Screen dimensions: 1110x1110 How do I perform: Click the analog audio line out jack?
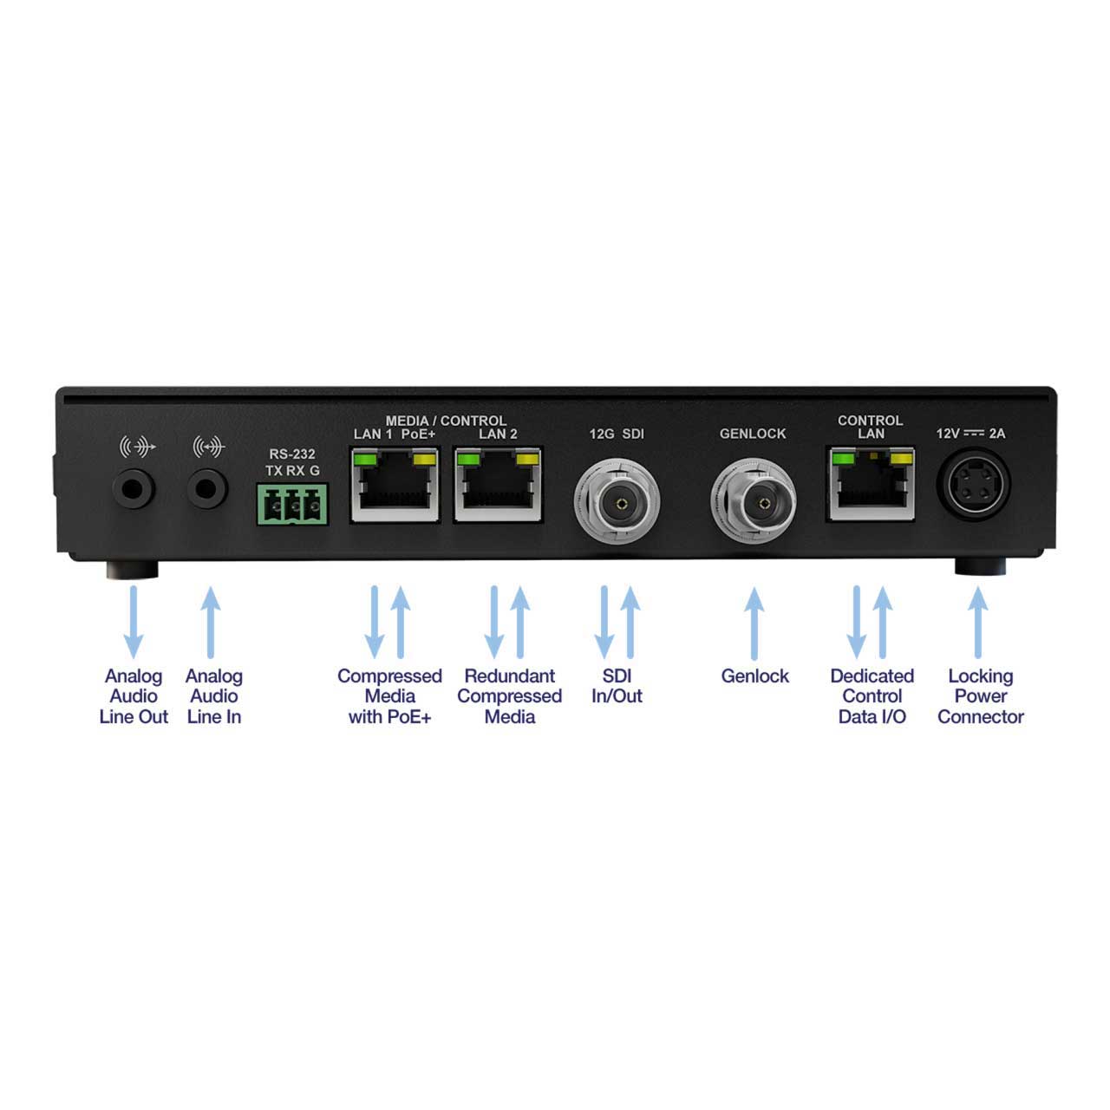click(134, 489)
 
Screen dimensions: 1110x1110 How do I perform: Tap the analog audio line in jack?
click(207, 489)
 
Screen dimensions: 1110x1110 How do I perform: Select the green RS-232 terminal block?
click(292, 505)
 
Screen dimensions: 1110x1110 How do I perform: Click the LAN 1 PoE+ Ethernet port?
click(395, 486)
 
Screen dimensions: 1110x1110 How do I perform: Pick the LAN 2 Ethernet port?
click(499, 486)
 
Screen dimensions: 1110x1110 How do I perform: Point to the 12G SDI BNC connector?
click(617, 502)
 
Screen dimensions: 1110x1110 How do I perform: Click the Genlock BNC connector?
click(754, 502)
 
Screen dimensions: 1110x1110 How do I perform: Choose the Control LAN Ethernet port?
click(871, 485)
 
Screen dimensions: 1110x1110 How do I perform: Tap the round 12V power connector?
click(974, 485)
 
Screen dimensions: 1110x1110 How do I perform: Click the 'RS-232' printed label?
click(292, 454)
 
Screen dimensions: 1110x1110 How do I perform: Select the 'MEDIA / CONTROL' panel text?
click(446, 421)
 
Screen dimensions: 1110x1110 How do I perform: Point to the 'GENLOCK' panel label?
click(753, 434)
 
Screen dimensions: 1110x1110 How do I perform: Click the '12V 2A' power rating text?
click(971, 434)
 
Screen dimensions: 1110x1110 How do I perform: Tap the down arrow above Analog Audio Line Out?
click(134, 622)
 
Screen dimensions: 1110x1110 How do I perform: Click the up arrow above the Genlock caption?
click(754, 624)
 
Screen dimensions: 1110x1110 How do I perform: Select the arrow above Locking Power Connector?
click(978, 622)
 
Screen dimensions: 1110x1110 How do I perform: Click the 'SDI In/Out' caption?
click(617, 686)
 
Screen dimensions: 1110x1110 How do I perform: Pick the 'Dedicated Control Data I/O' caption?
click(872, 696)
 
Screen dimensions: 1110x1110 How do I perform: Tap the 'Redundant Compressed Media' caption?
click(510, 696)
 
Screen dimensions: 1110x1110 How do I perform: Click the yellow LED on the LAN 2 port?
click(528, 459)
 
